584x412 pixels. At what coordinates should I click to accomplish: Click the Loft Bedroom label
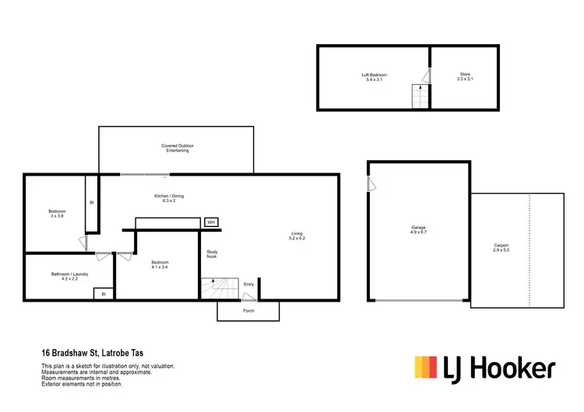pos(374,77)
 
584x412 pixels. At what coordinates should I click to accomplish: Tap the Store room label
pos(465,77)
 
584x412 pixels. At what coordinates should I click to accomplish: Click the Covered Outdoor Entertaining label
pos(177,148)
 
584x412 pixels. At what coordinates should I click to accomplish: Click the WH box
pos(211,222)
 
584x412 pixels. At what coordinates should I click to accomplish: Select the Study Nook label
pos(212,253)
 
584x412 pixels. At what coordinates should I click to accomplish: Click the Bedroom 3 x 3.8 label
pos(57,215)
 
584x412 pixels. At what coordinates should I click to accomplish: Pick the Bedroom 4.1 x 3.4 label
pos(160,265)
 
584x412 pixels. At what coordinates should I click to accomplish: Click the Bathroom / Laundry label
pos(69,276)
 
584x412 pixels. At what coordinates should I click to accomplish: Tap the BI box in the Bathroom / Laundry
pos(104,294)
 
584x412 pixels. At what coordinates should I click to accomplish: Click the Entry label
pos(248,285)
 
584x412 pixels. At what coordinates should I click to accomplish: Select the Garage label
pos(419,230)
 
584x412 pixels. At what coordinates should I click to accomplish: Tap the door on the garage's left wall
pos(371,183)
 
